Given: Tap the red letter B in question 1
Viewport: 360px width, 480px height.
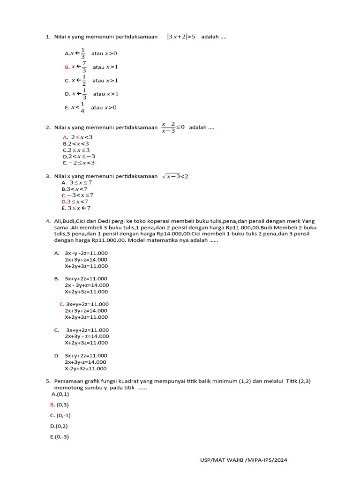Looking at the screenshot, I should (67, 67).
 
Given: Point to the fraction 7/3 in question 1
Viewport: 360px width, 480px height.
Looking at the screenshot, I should (84, 67).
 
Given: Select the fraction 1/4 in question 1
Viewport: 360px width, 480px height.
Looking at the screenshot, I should (82, 107).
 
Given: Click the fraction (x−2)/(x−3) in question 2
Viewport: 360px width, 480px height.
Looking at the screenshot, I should (168, 127).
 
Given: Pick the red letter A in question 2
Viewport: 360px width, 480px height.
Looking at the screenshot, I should (66, 137).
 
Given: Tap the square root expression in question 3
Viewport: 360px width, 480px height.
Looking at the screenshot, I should (175, 176).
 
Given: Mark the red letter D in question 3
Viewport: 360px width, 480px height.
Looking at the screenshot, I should (64, 202).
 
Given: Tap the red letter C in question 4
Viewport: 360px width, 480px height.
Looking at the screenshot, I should (62, 304).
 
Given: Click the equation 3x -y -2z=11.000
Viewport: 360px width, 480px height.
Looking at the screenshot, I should (86, 253).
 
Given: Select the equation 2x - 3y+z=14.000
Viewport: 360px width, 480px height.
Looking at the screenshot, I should (87, 285).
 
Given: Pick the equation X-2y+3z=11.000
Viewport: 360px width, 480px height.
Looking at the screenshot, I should (86, 368).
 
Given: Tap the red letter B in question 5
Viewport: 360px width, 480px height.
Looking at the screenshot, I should (52, 405).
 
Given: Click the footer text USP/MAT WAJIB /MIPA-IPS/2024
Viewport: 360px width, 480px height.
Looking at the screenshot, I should (243, 460).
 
